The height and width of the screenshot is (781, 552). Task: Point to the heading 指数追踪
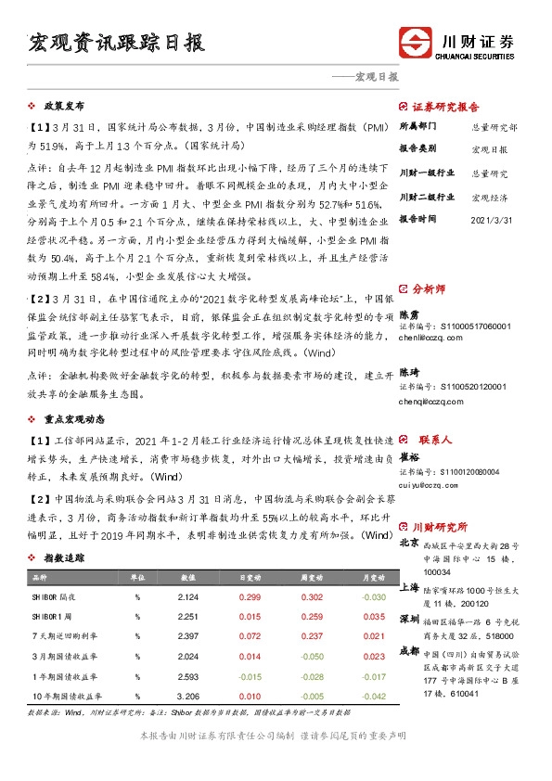63,558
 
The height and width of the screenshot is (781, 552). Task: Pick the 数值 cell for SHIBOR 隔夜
187,597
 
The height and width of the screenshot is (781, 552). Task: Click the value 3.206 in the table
187,695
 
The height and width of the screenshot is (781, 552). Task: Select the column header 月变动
373,577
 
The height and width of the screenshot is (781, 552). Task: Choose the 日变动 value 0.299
249,597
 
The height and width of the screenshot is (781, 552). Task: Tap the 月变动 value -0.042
373,695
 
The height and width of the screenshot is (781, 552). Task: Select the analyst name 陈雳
409,315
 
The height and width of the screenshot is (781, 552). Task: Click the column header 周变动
311,577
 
